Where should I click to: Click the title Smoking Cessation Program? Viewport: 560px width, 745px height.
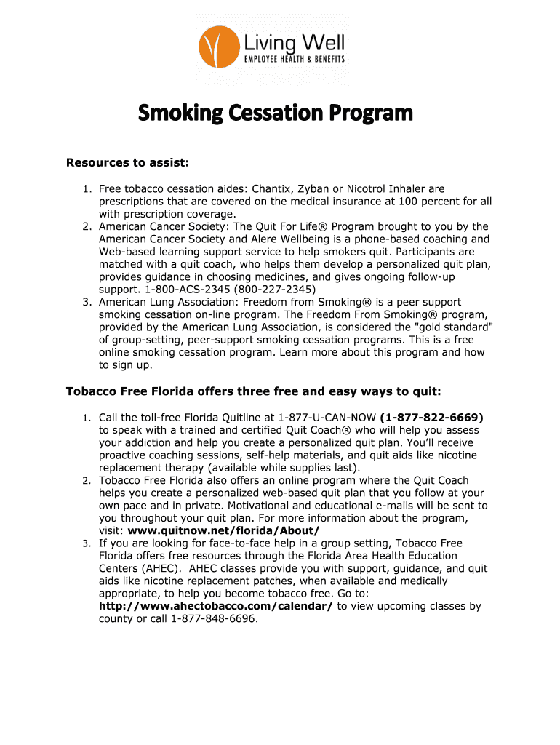pos(276,113)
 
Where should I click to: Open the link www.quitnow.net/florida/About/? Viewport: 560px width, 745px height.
pos(223,530)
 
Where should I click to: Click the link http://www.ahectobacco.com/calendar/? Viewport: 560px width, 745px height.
pos(216,606)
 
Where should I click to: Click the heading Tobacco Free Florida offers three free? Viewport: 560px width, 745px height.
pos(253,391)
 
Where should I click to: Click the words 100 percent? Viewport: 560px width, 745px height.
pos(417,202)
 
